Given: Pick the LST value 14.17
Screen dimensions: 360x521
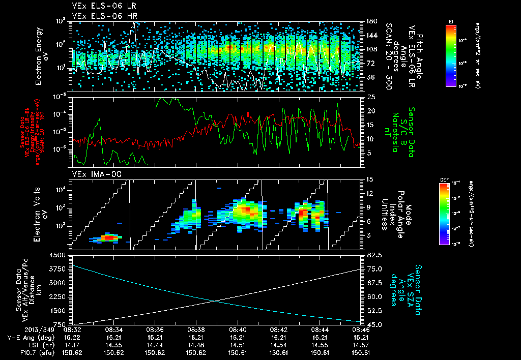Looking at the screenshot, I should pyautogui.click(x=72, y=344).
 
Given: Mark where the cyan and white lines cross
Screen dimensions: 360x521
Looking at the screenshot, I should pyautogui.click(x=215, y=301).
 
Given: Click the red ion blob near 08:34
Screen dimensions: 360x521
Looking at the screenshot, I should pyautogui.click(x=108, y=237).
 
